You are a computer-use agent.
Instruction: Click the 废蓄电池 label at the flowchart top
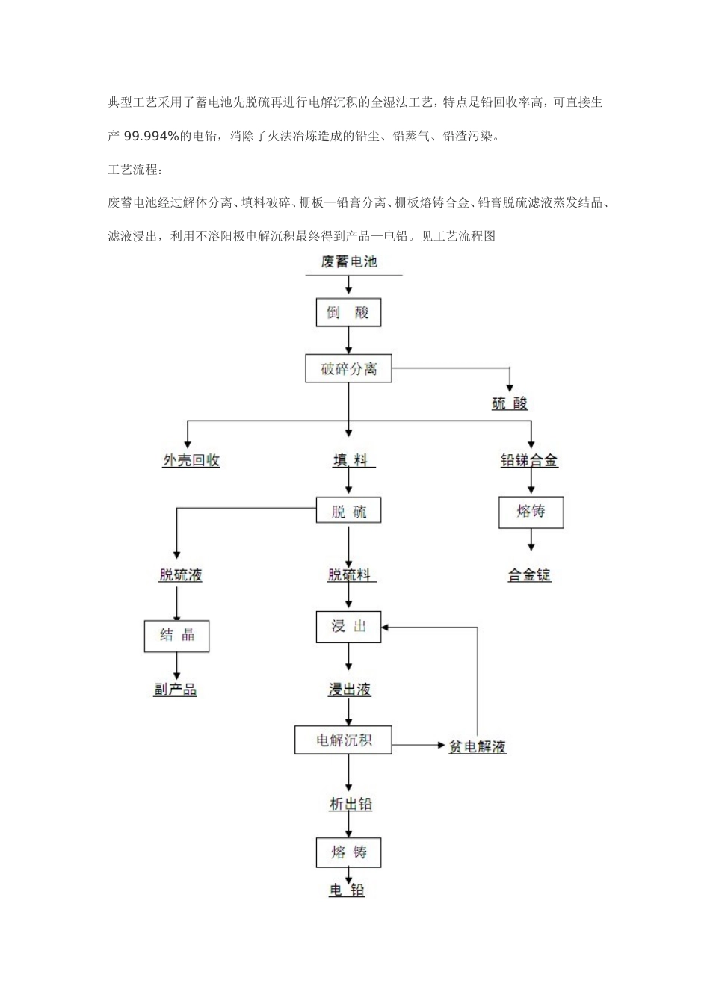point(348,262)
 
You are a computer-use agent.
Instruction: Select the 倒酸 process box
point(348,312)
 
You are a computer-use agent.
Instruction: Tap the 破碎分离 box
point(348,368)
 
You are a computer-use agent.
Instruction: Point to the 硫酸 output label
point(510,403)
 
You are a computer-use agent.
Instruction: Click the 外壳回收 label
point(191,460)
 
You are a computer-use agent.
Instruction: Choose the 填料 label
point(353,460)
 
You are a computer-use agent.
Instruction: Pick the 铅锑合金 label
point(529,460)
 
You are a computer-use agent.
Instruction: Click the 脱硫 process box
point(349,512)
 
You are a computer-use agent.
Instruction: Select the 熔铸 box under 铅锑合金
point(531,512)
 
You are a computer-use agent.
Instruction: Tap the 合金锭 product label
point(529,574)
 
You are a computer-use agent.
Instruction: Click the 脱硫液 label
point(180,574)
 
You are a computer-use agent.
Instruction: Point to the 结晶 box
point(176,635)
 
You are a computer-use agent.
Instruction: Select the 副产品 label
point(176,690)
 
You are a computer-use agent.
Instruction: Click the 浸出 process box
point(349,626)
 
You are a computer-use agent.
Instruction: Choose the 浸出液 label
point(350,690)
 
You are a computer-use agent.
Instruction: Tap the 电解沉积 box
point(344,740)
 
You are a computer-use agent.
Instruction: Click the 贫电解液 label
point(477,746)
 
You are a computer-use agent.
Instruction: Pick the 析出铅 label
point(351,804)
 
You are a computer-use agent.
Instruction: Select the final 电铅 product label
point(348,890)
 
